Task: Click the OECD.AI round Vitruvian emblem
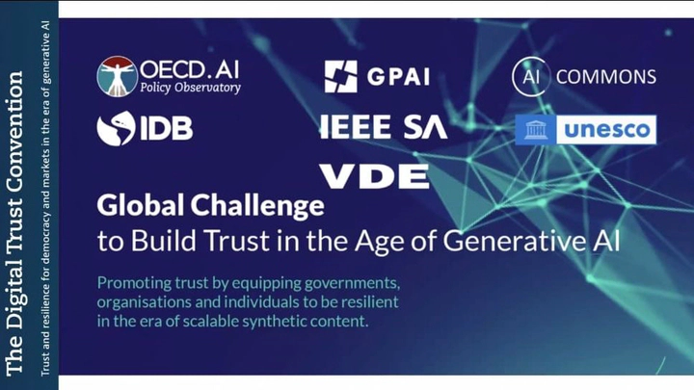pos(118,76)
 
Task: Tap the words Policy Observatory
pos(190,88)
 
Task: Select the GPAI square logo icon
pos(341,76)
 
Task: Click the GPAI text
pos(398,77)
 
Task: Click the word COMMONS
pos(606,77)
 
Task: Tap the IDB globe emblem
pos(116,128)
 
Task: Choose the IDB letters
pos(167,129)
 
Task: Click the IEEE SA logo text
pos(384,127)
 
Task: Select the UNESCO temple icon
pos(536,130)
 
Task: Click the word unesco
pos(607,130)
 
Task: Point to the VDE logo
pos(374,176)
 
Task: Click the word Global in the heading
pos(141,206)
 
